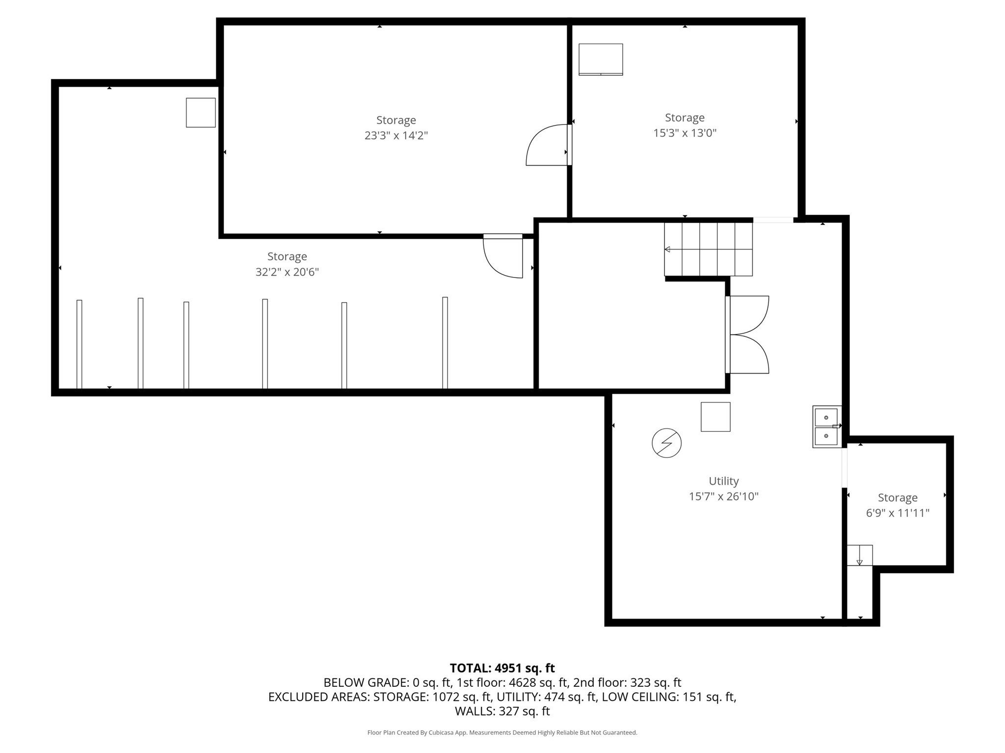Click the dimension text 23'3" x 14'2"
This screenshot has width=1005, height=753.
click(396, 136)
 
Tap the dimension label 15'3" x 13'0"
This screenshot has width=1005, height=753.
click(685, 133)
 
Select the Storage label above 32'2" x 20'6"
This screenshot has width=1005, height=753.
click(287, 256)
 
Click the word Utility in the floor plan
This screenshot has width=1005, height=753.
click(723, 481)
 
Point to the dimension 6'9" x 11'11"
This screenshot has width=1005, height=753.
click(898, 513)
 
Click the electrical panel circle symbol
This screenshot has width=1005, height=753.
click(666, 443)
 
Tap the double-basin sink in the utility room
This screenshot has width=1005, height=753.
click(826, 427)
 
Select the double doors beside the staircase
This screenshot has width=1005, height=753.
click(747, 335)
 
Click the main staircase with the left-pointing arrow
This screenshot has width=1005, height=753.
click(708, 250)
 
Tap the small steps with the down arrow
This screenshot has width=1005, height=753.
click(859, 555)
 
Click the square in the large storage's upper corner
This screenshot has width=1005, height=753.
click(201, 113)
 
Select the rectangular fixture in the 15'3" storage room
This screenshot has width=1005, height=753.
click(601, 59)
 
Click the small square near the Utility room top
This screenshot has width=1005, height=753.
click(715, 417)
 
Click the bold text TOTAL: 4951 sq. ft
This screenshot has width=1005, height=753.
click(502, 668)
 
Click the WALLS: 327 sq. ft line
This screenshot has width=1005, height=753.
click(502, 711)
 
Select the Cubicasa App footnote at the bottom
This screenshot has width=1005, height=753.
click(502, 733)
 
